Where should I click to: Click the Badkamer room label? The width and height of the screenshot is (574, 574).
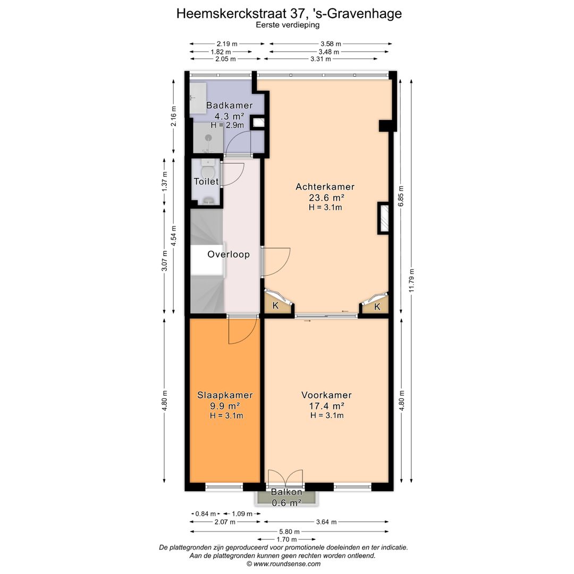(x=230, y=105)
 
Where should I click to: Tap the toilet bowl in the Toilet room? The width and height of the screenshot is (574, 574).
(x=208, y=172)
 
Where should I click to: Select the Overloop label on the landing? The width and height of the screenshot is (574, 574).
(x=229, y=255)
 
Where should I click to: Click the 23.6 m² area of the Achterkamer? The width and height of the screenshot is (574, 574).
(x=326, y=198)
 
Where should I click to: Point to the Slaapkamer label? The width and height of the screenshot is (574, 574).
(x=225, y=395)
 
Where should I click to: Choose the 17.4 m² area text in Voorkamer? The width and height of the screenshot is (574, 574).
(x=326, y=406)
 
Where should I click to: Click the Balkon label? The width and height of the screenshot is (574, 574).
(x=286, y=492)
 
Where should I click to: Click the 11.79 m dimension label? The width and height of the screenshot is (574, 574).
(x=411, y=281)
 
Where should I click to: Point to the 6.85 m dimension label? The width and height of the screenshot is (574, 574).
(x=401, y=196)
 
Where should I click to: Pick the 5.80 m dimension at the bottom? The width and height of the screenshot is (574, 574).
(x=289, y=531)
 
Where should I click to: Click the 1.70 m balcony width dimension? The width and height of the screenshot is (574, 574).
(x=286, y=539)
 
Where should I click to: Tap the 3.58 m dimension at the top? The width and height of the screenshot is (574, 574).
(x=331, y=44)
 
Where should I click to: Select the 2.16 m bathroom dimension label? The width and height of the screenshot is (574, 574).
(x=173, y=116)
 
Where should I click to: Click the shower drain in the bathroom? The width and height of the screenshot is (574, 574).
(x=208, y=138)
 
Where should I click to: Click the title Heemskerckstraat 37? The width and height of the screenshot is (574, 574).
(x=240, y=13)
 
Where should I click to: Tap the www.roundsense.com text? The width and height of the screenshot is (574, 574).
(x=287, y=564)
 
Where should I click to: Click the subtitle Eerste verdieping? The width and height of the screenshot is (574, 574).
(x=288, y=25)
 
